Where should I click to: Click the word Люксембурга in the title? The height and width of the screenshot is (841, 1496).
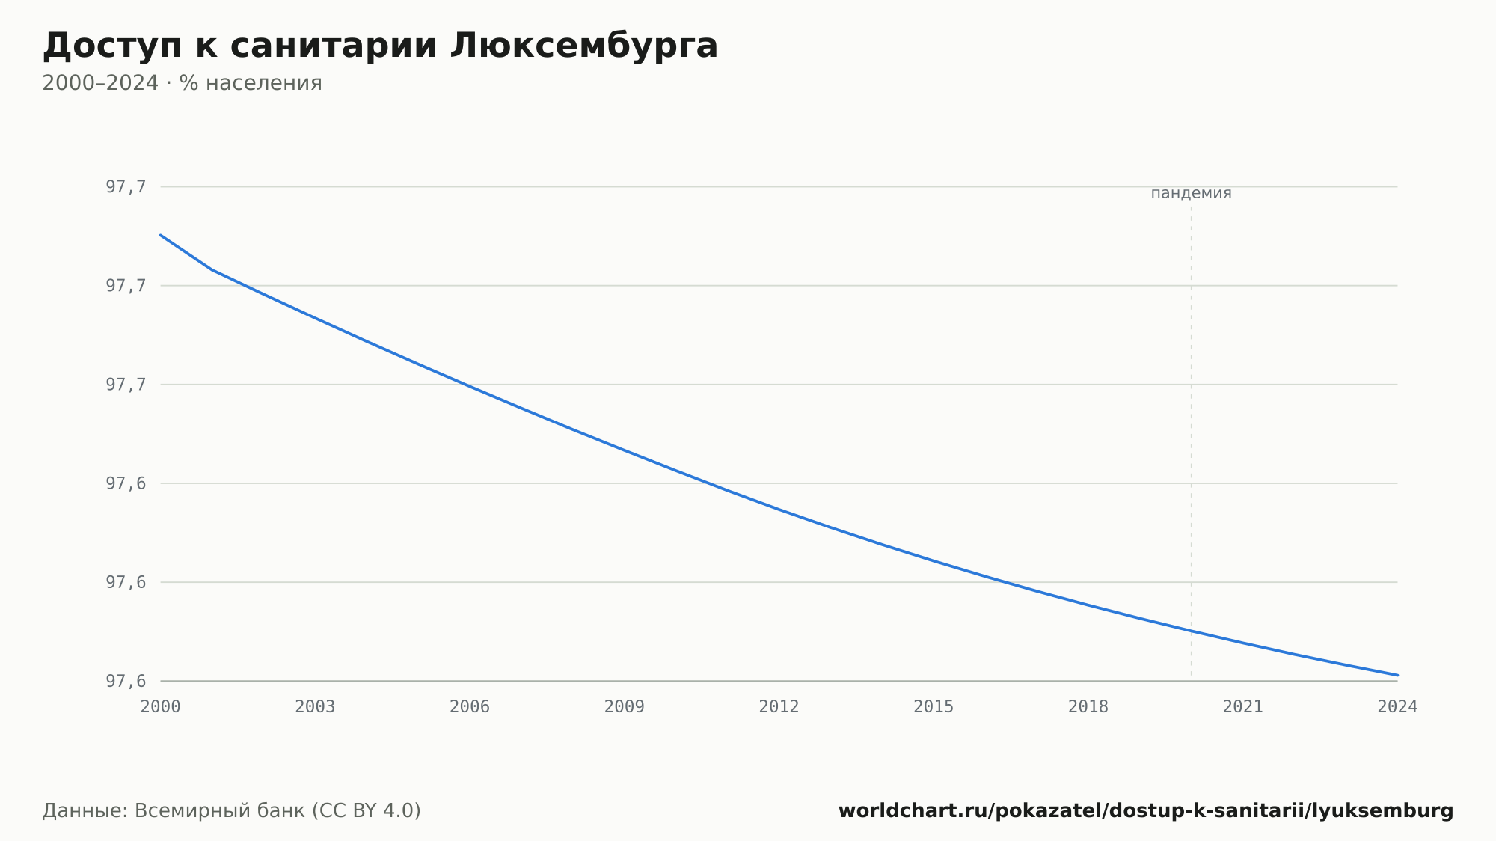(x=584, y=46)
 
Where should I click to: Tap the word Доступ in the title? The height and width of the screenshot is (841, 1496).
(x=111, y=46)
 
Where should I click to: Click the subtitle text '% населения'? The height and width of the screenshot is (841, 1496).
(x=251, y=83)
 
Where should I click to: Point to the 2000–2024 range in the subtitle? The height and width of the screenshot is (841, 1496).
(x=100, y=83)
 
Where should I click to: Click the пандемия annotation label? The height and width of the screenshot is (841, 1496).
(x=1191, y=193)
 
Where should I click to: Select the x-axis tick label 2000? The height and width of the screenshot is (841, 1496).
(x=161, y=707)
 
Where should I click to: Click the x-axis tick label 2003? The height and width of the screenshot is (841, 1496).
(x=315, y=707)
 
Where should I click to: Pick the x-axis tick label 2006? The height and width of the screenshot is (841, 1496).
(x=470, y=707)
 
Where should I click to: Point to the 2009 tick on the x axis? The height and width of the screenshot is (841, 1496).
(x=625, y=707)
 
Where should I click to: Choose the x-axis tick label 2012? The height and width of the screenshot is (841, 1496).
(x=779, y=707)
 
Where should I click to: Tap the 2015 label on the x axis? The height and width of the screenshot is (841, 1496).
(x=934, y=707)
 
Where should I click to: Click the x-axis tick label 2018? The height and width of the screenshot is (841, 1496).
(x=1088, y=707)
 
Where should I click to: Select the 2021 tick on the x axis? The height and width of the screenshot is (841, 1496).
(x=1243, y=707)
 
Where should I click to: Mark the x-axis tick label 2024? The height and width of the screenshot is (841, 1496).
(x=1397, y=707)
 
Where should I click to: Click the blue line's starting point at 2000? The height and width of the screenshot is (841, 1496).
(x=161, y=235)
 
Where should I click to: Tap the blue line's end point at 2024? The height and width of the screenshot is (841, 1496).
(x=1397, y=675)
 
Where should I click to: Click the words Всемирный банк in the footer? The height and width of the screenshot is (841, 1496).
(x=220, y=810)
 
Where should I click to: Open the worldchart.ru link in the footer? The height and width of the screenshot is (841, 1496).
(x=1146, y=810)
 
